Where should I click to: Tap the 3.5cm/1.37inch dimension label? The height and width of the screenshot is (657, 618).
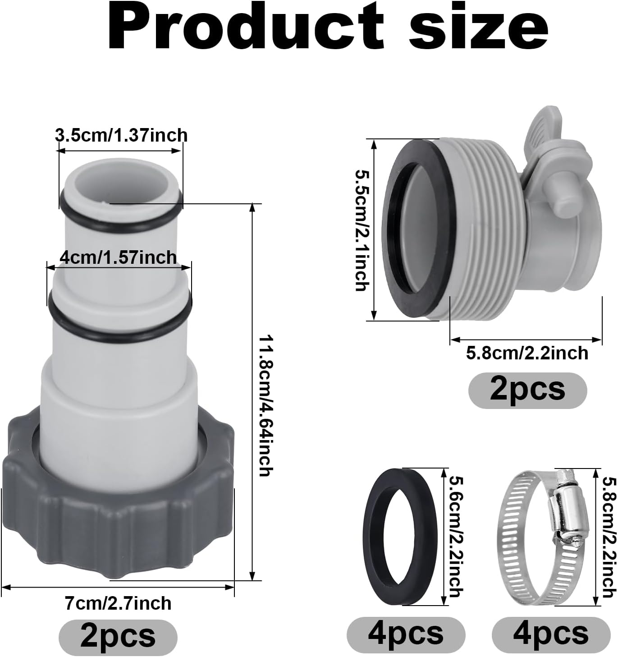121,135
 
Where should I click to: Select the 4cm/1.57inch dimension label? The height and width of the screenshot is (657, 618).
118,257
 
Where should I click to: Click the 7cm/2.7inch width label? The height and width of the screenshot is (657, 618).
118,603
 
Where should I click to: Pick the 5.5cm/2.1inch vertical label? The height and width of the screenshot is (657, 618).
363,230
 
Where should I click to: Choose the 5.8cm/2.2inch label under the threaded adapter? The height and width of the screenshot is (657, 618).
527,353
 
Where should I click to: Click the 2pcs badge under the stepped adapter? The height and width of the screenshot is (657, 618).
118,636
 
